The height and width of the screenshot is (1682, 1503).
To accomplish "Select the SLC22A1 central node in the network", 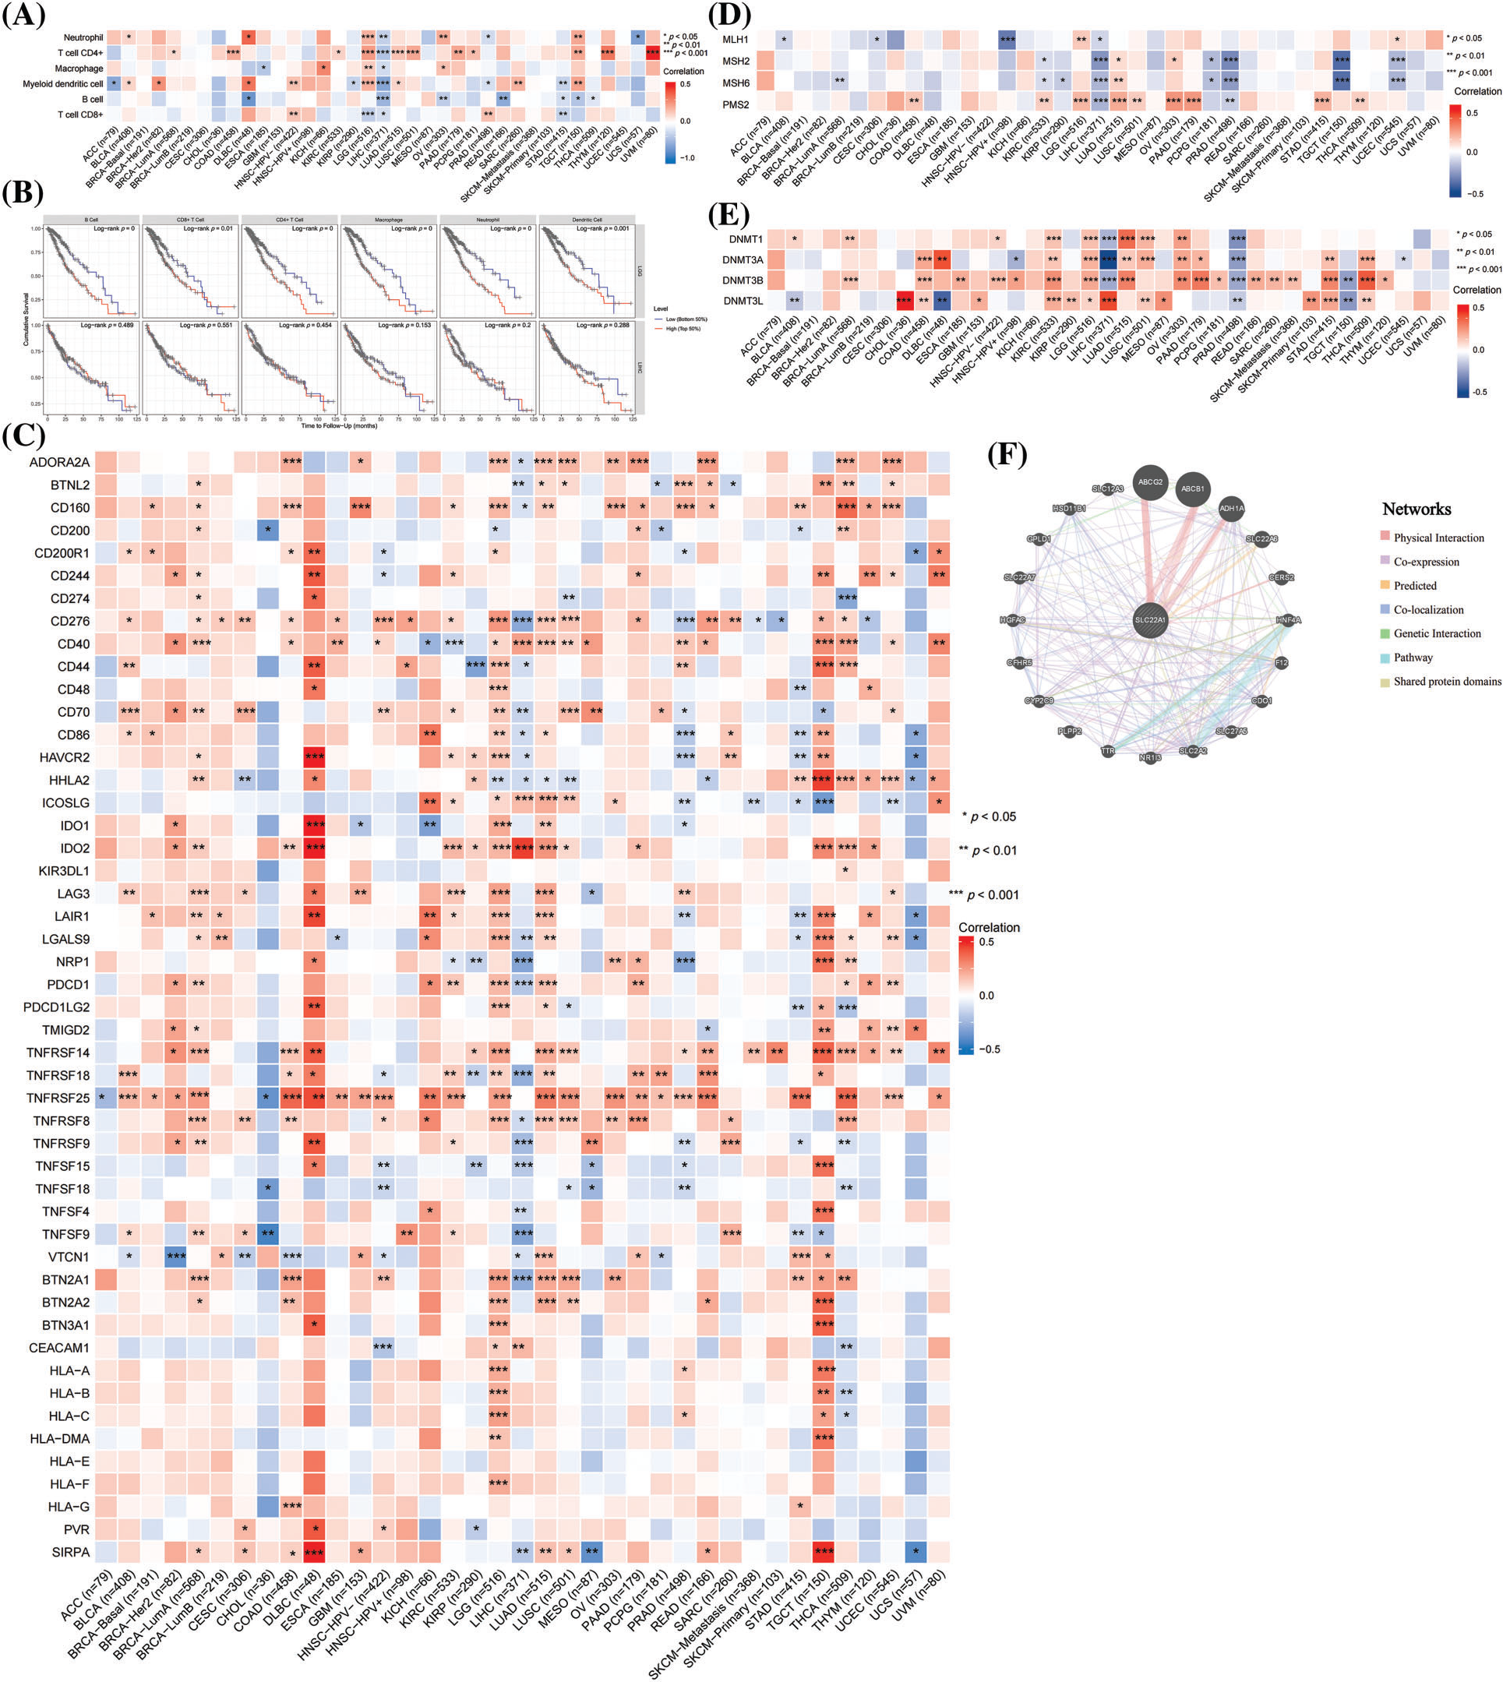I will click(1149, 620).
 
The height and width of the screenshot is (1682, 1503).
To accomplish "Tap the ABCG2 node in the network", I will click(1149, 482).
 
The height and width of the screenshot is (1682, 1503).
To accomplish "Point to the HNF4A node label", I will click(1287, 620).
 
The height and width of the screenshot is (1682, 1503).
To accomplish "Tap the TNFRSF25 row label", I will click(58, 1098).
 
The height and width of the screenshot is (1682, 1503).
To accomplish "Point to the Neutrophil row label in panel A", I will click(83, 37).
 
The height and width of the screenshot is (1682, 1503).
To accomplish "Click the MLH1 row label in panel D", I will click(735, 40).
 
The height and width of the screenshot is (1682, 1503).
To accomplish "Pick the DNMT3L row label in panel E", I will click(743, 301).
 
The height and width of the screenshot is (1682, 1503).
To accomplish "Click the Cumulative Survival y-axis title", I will click(26, 319).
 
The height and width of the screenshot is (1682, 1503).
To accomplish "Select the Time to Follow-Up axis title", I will click(339, 425).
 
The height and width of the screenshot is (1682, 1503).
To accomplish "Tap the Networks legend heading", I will click(1417, 509).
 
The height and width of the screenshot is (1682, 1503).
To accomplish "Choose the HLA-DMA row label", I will click(59, 1438).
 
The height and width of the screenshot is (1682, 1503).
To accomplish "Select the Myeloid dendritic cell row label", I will click(63, 83).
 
